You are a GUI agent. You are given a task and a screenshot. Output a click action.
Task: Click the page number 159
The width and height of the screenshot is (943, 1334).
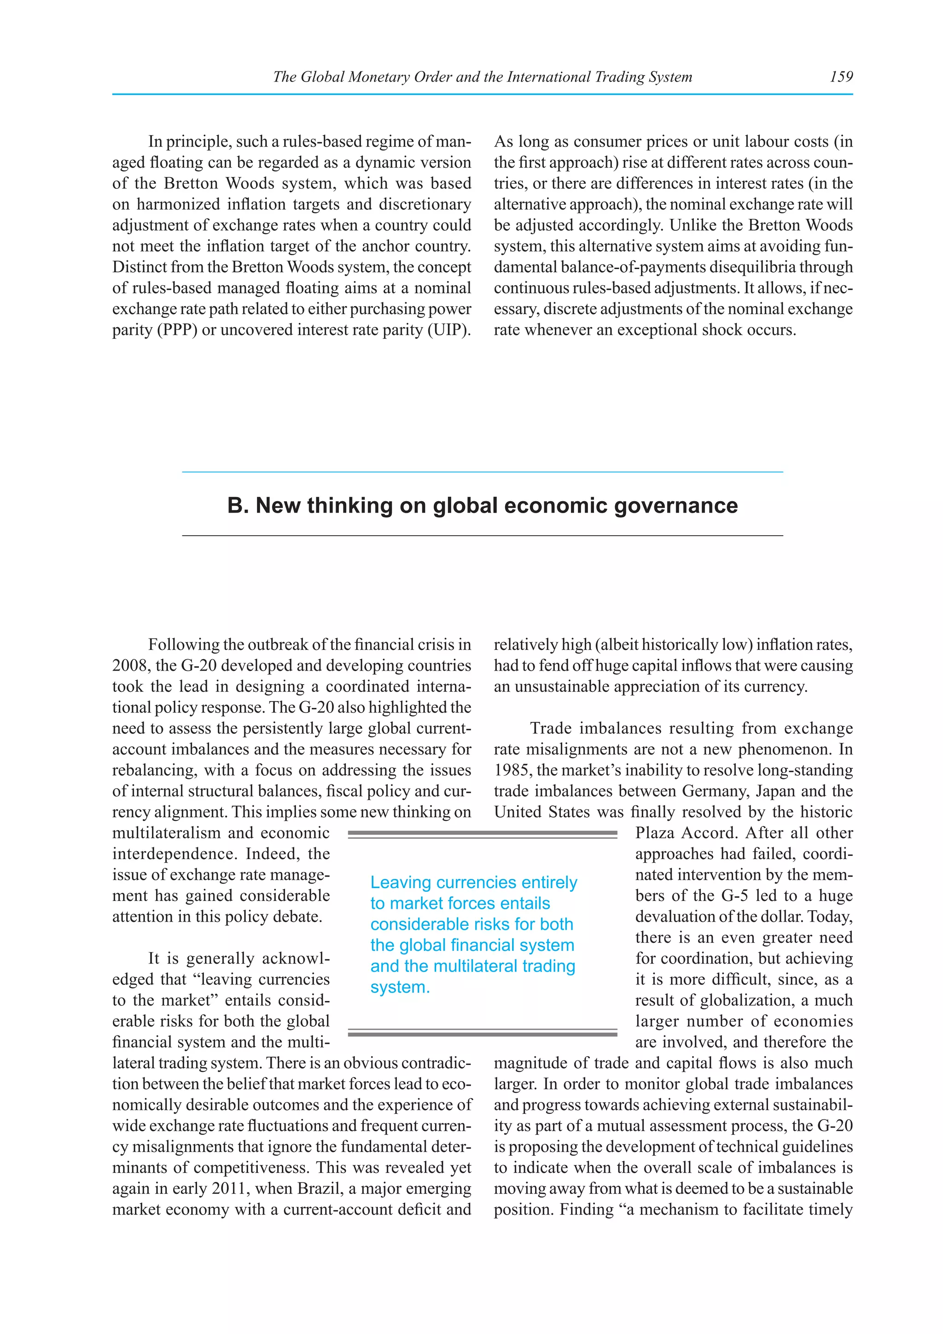841,76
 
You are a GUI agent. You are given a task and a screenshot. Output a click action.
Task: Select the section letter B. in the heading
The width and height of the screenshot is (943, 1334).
238,505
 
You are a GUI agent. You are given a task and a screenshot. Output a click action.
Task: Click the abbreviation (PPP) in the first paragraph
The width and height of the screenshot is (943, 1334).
176,330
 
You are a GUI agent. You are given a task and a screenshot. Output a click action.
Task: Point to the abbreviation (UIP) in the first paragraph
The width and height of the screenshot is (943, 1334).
449,330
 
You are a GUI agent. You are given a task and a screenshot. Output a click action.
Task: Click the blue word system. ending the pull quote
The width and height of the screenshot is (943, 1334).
400,987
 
